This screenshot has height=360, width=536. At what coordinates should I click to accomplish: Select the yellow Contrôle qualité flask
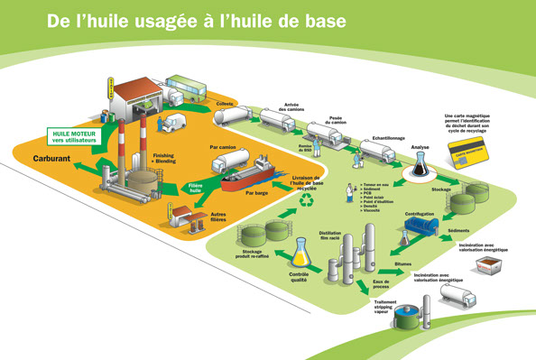pyautogui.click(x=300, y=254)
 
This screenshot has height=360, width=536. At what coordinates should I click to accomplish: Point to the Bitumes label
pyautogui.click(x=404, y=263)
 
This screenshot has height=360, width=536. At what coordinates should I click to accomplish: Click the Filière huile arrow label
pyautogui.click(x=195, y=188)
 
